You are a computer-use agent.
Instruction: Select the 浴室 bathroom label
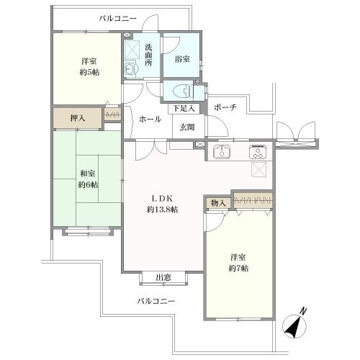pos(182,59)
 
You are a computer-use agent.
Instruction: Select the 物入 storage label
pos(217,203)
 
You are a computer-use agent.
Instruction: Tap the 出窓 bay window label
pos(163,278)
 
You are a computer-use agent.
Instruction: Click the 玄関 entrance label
pos(186,127)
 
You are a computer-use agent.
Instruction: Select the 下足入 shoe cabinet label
pos(185,108)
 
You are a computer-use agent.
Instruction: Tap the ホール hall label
pos(150,119)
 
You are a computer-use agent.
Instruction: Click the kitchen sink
pos(222,152)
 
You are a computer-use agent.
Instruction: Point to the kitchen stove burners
pos(256,152)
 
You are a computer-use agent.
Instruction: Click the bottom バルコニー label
pos(156,301)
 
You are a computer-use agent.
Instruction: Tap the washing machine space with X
pos(132,49)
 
